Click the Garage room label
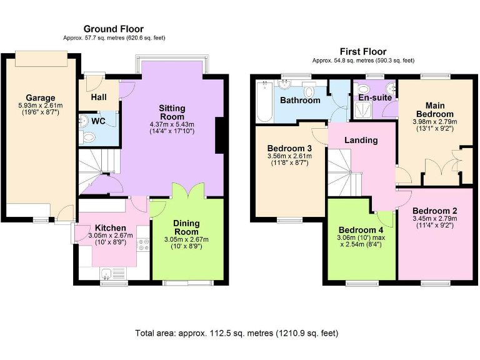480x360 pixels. tap(41, 97)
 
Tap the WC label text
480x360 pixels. tap(98, 121)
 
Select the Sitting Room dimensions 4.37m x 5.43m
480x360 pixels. tap(172, 124)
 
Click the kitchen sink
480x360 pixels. tap(106, 273)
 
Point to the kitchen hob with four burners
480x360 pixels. tap(143, 244)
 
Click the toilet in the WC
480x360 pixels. tap(87, 137)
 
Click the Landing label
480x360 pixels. tap(361, 140)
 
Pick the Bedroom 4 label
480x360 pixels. tap(361, 230)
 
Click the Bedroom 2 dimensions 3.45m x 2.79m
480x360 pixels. tap(435, 219)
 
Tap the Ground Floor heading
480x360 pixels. tap(114, 29)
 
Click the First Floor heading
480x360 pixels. tap(363, 51)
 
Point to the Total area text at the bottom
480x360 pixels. tap(237, 332)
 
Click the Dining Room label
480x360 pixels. tap(186, 227)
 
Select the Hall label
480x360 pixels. tap(99, 97)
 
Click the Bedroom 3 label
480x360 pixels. tap(289, 149)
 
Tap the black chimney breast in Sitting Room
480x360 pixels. tap(219, 135)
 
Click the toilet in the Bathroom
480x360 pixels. tap(309, 91)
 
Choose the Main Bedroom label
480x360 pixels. tap(435, 109)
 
